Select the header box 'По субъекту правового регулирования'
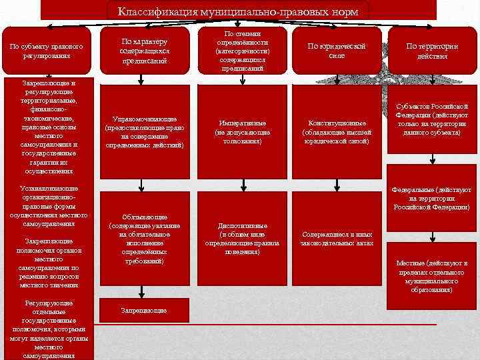coord(46,51)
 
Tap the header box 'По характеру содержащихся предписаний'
coord(145,51)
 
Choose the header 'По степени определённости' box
coord(243,50)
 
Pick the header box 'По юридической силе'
coord(337,51)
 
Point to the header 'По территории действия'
coord(432,51)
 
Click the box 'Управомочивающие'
coord(145,132)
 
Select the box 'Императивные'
coord(243,132)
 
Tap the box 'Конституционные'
coord(337,132)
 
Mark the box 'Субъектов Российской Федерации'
coord(432,119)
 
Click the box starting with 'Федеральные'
coord(432,198)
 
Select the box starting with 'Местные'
coord(432,276)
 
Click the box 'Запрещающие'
coord(145,310)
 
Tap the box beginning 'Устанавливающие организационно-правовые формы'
coord(49,206)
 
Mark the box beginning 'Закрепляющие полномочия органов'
coord(49,263)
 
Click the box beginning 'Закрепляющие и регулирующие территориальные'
coord(49,127)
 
